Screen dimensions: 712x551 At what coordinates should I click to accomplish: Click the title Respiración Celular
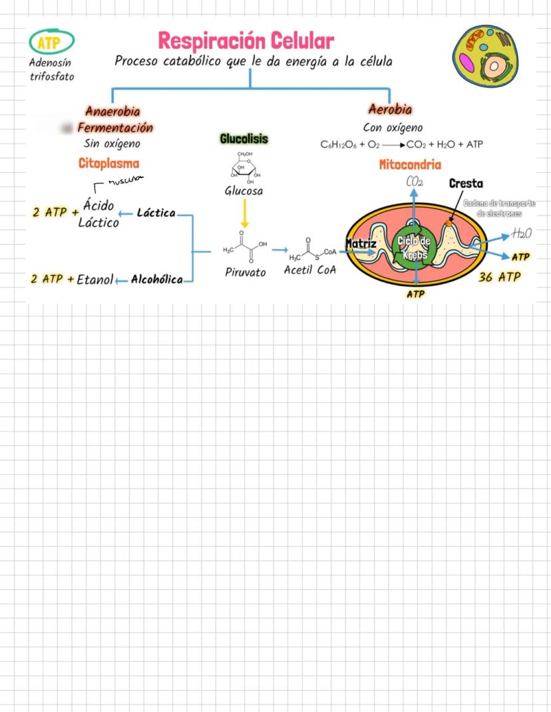coord(246,41)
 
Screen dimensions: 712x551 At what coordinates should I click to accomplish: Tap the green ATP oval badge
coord(51,44)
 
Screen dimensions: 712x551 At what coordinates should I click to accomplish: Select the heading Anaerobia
coord(112,111)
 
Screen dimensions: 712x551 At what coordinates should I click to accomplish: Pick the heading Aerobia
coord(390,109)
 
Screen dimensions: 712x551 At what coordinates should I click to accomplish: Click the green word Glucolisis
coord(244,138)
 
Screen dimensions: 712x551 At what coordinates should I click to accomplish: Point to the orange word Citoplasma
coord(109,163)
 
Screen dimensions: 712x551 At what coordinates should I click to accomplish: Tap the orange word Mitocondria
coord(410,164)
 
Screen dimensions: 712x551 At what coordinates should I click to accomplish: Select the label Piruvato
coord(244,272)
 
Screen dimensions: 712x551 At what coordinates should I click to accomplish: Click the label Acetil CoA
coord(310,270)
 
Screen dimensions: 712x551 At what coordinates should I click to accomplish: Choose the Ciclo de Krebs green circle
coord(414,249)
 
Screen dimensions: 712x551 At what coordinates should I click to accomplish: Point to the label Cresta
coord(466,183)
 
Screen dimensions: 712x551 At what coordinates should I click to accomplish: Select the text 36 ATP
coord(500,277)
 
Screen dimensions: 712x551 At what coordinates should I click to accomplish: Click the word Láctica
coord(156,213)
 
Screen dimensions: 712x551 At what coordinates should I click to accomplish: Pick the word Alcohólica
coord(157,279)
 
